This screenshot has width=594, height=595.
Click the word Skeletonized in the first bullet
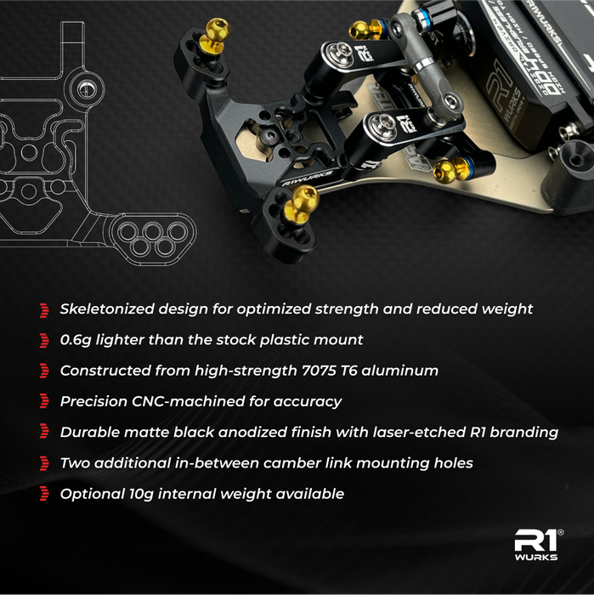point(107,309)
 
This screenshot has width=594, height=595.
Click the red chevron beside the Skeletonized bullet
point(44,310)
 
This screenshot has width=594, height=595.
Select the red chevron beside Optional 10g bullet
point(44,495)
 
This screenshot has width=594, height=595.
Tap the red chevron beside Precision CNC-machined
point(44,402)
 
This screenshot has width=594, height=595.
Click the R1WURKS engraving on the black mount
point(308,178)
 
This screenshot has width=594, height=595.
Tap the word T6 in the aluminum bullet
point(348,371)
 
